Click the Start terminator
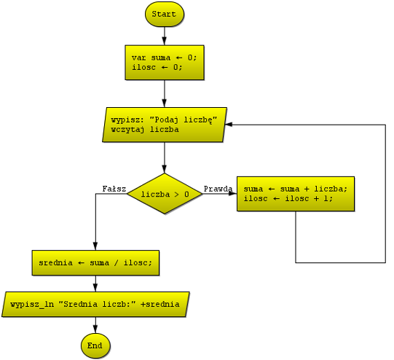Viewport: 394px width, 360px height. click(165, 14)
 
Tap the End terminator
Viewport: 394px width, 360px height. click(95, 346)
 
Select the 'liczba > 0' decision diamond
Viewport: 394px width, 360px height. click(165, 194)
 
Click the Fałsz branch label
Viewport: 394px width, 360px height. click(114, 189)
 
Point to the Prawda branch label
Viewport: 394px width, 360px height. click(218, 189)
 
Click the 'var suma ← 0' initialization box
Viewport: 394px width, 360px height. click(165, 63)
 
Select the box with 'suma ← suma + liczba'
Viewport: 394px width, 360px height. click(296, 194)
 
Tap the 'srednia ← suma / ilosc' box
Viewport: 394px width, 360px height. click(95, 263)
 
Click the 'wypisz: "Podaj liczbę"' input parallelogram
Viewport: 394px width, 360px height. click(165, 125)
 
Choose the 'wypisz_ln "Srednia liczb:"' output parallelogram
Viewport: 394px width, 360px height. click(95, 305)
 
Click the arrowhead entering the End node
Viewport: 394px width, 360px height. click(95, 329)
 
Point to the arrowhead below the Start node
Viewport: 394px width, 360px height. click(165, 42)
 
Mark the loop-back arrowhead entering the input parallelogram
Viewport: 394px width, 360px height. click(229, 125)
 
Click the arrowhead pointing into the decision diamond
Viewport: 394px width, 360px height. click(165, 169)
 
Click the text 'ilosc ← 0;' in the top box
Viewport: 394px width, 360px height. click(157, 67)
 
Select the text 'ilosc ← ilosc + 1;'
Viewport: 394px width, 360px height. click(288, 199)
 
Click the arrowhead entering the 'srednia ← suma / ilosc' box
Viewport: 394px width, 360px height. click(95, 246)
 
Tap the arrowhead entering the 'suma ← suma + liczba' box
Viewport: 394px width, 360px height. click(233, 194)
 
